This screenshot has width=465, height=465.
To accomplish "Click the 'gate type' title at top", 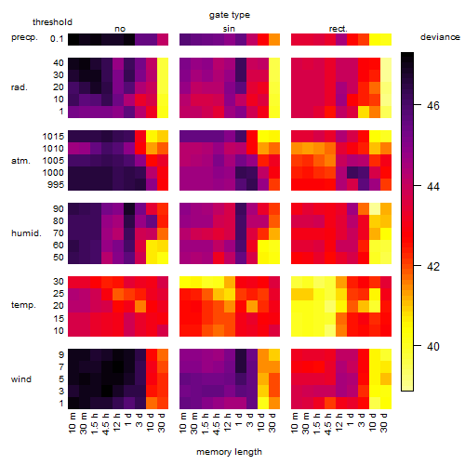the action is point(230,15).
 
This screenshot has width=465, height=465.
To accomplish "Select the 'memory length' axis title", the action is point(229,452).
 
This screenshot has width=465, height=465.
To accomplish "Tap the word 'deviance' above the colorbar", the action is point(440,37).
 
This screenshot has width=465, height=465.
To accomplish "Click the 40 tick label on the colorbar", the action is point(433,346).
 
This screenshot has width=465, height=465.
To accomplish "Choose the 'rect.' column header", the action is point(338,29).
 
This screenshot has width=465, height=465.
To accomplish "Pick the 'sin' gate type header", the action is point(229,29).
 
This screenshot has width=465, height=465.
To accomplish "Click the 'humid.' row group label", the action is point(26,233).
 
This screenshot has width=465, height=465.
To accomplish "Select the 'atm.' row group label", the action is point(20,161).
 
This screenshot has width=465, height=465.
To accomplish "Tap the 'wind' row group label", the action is point(21,379).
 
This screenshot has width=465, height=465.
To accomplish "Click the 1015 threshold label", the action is point(53,137).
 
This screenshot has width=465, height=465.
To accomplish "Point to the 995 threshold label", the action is point(56,185).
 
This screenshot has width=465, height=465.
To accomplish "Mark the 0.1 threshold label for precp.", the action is point(57,39).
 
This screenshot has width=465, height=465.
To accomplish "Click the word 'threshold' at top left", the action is point(52,22).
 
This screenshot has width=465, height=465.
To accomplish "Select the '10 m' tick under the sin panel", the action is point(184,422).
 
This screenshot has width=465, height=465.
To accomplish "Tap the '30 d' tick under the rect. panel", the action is point(383,422).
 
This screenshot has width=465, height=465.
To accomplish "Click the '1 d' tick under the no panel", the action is point(128,419).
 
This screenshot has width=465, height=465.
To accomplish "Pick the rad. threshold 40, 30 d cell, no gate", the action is point(163,63).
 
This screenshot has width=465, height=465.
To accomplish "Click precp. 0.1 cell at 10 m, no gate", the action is point(73,39).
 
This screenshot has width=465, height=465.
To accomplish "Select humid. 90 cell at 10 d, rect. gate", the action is point(375,209).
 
